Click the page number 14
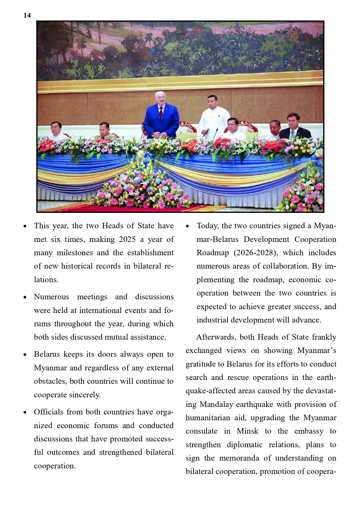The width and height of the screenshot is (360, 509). coord(27,15)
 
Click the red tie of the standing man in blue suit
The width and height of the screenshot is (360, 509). coord(161,113)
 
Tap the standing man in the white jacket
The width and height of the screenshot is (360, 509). coord(214,116)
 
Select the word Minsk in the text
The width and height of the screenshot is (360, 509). coord(247,431)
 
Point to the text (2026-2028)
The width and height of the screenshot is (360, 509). coord(256,253)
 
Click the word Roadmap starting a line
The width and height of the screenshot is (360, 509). coord(213,253)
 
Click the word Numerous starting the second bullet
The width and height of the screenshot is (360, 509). coord(51,297)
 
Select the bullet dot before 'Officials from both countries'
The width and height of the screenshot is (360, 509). coord(25,412)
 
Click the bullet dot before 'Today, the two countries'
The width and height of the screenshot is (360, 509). coord(188,226)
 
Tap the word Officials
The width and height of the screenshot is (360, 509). coord(48,412)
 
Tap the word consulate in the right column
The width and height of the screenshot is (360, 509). coord(201,431)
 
